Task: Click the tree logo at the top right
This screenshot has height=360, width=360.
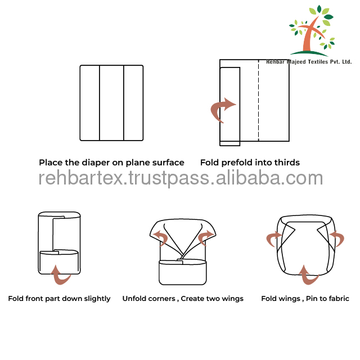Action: pos(312,31)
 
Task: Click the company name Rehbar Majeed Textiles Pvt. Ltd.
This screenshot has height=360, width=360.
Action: pos(308,62)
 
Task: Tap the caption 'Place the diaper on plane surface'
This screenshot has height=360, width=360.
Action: pos(111,163)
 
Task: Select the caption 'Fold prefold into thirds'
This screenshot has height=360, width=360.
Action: pos(250,163)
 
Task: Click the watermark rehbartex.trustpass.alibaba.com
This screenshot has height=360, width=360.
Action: pos(181,178)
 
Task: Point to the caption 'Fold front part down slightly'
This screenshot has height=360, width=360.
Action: pos(59,299)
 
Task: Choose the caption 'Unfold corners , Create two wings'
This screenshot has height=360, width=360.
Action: pos(183,299)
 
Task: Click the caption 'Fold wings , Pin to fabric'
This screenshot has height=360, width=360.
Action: pos(305,299)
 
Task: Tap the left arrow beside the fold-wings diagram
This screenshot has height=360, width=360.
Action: pos(274,238)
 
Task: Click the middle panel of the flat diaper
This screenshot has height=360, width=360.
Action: pos(111,103)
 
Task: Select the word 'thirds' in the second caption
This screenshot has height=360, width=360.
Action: pos(286,163)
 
